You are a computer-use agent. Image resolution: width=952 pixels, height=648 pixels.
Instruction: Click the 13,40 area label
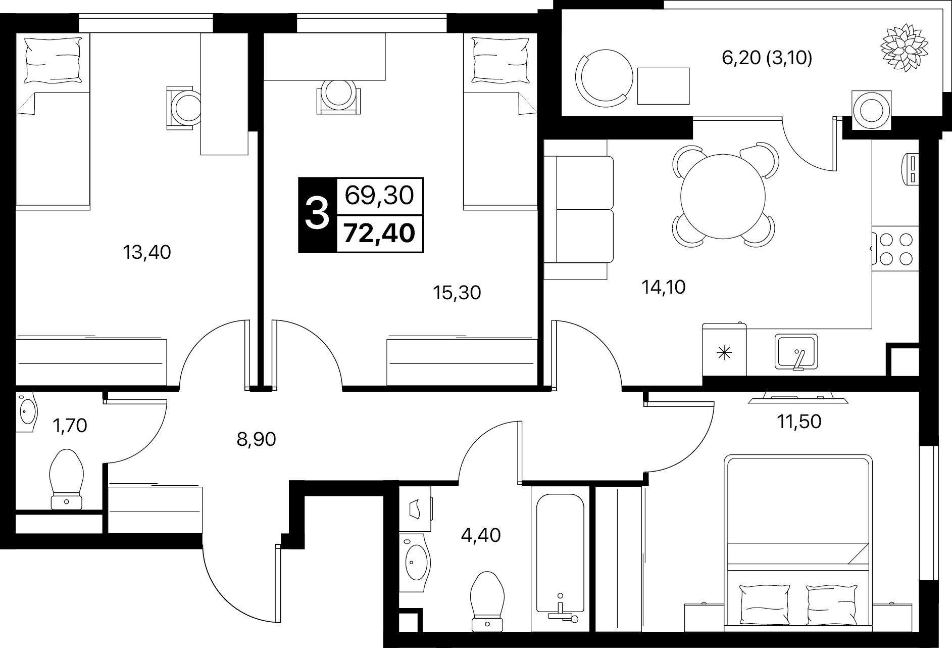coord(147,252)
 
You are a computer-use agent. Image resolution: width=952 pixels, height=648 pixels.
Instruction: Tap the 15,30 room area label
coord(457,293)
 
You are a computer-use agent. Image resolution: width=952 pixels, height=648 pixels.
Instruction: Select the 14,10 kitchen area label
coord(663,287)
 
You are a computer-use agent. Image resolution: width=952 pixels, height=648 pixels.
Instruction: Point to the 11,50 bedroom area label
coord(799,421)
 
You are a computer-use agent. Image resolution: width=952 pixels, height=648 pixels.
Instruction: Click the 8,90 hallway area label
coord(256,439)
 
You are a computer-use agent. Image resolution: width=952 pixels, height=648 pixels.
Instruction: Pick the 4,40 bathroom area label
coord(481,534)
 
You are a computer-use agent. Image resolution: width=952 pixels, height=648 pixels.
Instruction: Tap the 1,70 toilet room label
coord(70,426)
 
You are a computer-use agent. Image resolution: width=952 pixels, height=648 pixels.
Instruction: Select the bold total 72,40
coord(379,234)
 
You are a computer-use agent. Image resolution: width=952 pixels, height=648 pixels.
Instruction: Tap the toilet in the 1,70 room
coord(66,479)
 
